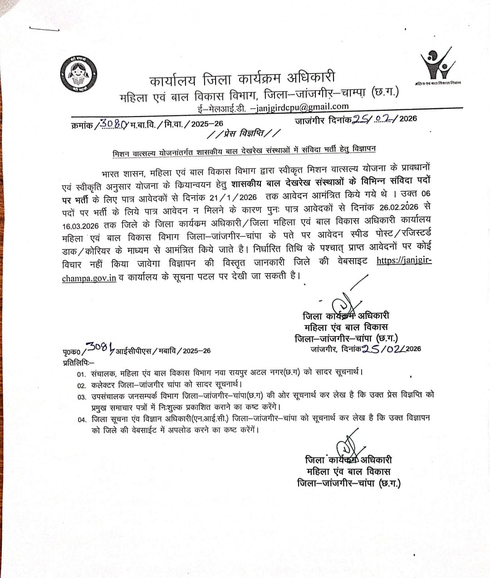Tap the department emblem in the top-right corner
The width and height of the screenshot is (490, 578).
438,64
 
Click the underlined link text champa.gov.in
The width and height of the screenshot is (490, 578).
89,278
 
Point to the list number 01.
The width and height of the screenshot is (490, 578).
82,375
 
